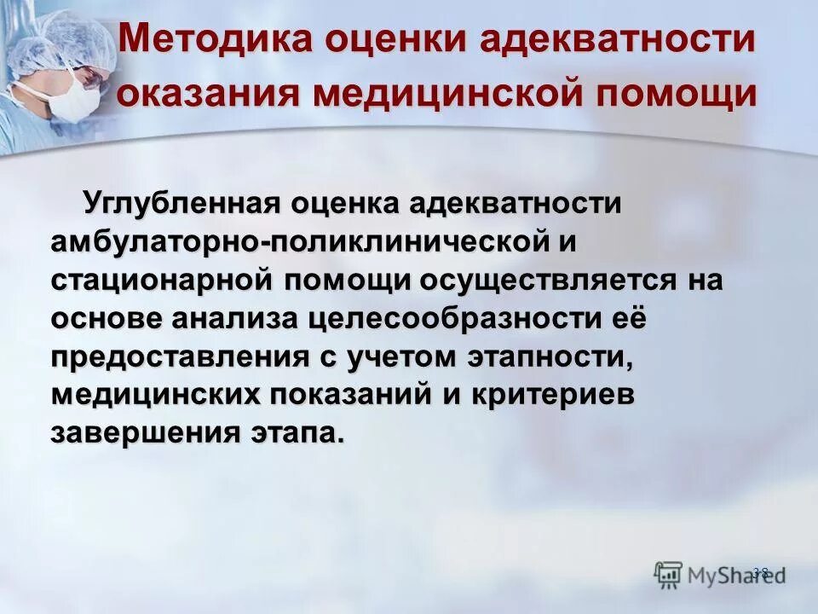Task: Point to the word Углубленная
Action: point(181,204)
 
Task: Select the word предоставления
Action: point(178,356)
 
